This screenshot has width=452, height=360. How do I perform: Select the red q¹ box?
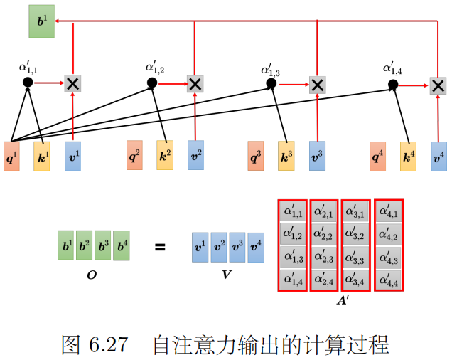coord(12,155)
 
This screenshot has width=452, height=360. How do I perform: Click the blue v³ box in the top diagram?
coord(318,155)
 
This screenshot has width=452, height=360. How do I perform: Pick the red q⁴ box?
coord(378,155)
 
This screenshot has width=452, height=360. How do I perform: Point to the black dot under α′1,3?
coord(271,83)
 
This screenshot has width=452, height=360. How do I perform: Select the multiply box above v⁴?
coord(438,85)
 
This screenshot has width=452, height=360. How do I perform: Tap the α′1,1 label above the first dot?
coord(28,68)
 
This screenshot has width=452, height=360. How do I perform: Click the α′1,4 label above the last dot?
coord(393,68)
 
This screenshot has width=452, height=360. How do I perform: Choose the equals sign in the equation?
coord(160,248)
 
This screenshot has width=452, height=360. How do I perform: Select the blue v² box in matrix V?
coord(219,247)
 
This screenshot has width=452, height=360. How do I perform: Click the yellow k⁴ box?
coord(408,155)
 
